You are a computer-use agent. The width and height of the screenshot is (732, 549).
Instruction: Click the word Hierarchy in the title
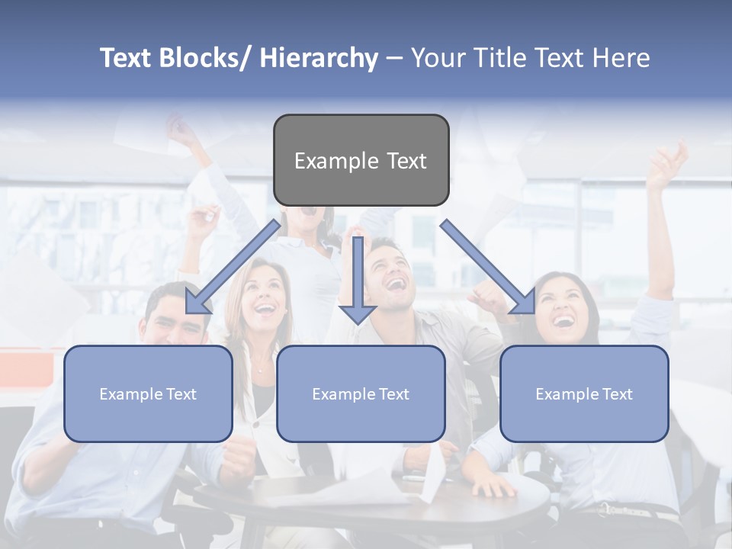(319, 58)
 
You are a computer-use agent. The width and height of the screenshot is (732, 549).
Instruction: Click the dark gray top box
(361, 160)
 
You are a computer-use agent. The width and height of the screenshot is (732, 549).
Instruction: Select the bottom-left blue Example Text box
(148, 393)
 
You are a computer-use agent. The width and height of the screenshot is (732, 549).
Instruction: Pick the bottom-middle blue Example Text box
(361, 393)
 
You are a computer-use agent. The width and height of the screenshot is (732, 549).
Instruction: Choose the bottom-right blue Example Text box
(584, 393)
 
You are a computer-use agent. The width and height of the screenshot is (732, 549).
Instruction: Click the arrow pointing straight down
(358, 282)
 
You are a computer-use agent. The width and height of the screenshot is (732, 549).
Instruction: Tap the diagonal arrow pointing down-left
(233, 267)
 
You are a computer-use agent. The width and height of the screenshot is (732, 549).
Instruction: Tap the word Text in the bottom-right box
(617, 394)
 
